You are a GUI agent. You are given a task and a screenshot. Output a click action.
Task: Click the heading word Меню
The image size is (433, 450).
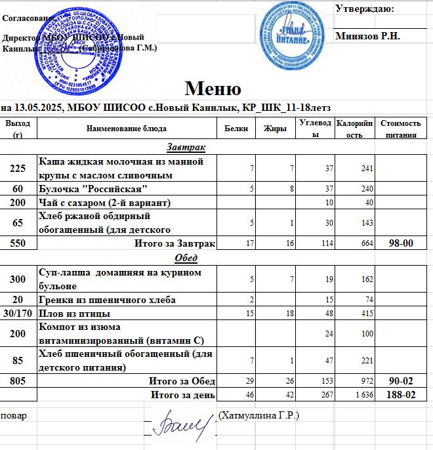coord(213,89)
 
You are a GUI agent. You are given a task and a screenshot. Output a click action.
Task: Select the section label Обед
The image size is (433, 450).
coord(186,257)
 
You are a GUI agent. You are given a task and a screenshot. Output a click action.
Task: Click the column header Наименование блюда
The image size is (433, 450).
coord(126,129)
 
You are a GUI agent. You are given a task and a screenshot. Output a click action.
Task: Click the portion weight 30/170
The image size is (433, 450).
coord(18,314)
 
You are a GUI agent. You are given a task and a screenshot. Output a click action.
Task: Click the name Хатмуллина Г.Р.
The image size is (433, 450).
coord(259,416)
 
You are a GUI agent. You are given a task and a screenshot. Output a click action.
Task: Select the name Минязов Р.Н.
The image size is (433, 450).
coord(367,36)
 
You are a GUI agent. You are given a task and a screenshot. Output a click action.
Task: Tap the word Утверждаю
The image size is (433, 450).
coord(364,9)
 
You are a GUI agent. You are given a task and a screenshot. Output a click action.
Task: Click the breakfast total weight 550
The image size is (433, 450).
coord(18,244)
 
